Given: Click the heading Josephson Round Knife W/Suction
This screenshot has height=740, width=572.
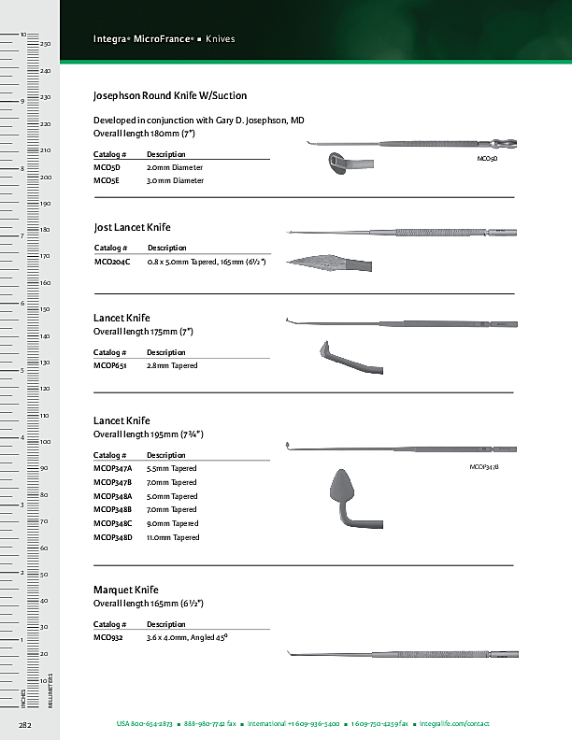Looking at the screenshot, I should [170, 96].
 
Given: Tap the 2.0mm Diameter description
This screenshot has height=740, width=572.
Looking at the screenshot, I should [175, 167].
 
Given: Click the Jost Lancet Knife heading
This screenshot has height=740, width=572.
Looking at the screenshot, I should [133, 227].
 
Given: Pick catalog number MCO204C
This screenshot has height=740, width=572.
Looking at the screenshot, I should [112, 262].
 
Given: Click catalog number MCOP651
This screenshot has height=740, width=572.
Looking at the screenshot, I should [110, 365].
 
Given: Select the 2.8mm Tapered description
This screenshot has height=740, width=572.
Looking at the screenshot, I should [172, 365].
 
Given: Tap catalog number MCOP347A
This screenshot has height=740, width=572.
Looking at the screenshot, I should [113, 468].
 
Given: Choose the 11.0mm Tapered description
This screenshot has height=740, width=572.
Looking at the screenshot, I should [173, 537].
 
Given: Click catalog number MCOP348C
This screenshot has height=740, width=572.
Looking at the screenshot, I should [113, 523].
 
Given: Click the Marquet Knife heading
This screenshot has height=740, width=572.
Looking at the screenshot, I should [126, 590].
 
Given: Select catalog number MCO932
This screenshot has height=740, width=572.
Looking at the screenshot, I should [108, 637].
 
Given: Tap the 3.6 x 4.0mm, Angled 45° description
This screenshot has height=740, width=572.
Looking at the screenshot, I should [188, 637].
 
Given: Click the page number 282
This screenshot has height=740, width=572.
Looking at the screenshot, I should [25, 724].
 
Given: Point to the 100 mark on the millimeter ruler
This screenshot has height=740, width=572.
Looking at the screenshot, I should [45, 441].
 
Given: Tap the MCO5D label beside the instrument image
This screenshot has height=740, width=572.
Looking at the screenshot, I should [487, 160].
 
